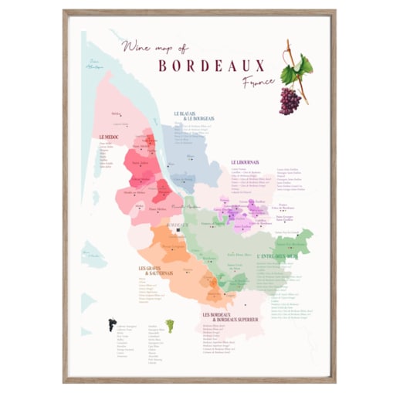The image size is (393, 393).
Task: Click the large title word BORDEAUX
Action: [211, 66]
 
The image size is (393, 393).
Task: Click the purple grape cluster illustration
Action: [289, 100]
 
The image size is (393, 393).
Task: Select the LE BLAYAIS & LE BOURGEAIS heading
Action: [195, 116]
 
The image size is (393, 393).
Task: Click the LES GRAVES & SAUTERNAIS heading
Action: [154, 271]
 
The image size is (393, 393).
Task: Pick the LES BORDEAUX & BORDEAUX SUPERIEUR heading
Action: [230, 317]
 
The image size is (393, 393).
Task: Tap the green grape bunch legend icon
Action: [169, 325]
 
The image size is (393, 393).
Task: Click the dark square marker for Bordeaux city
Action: [180, 229]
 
